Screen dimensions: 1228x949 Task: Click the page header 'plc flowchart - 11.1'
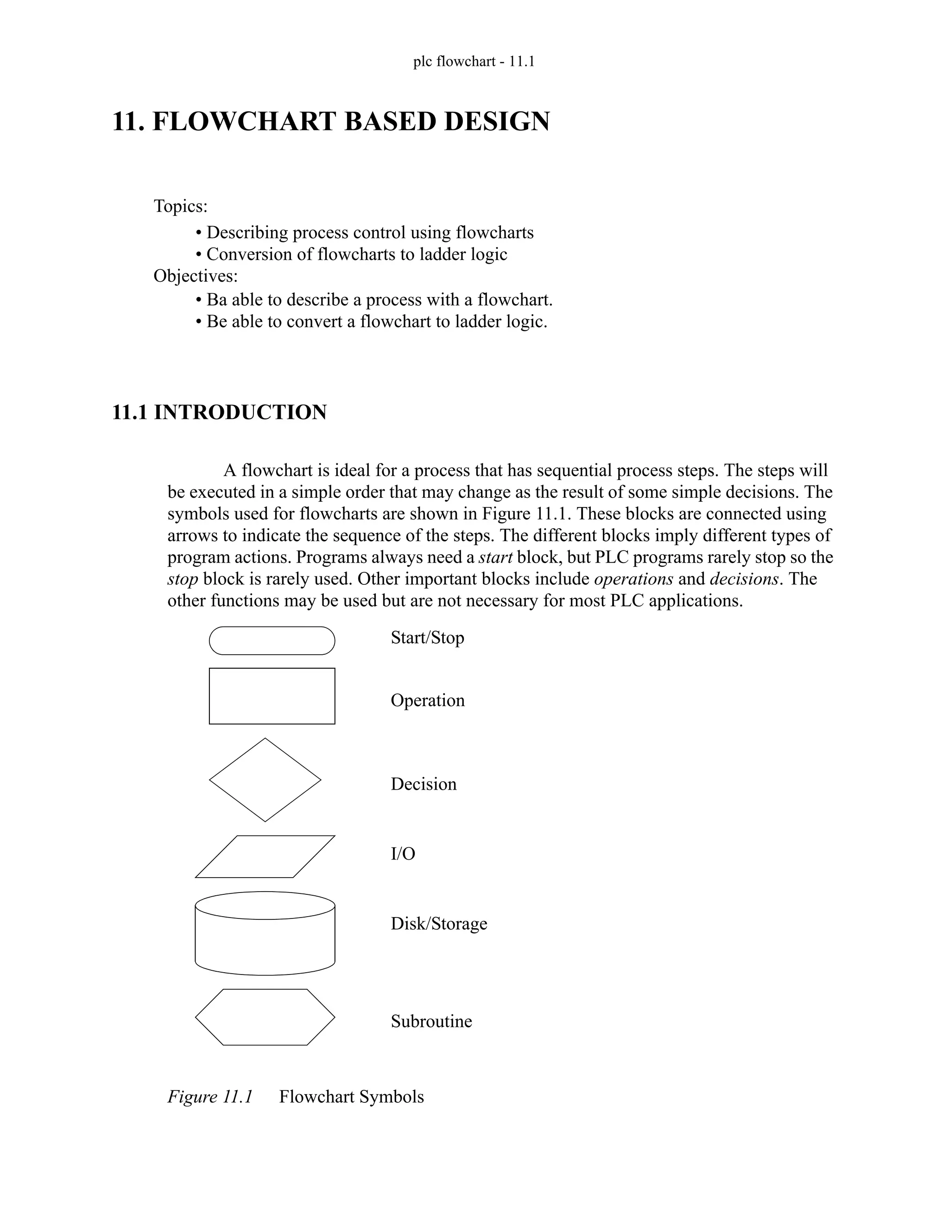click(x=474, y=61)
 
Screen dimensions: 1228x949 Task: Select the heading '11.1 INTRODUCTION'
click(x=219, y=412)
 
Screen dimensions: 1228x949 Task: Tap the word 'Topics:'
click(x=180, y=206)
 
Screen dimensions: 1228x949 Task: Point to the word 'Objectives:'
click(x=196, y=276)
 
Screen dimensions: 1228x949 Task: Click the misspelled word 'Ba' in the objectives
click(x=216, y=300)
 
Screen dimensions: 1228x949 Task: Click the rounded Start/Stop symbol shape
click(x=272, y=640)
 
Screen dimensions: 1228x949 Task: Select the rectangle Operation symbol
click(x=272, y=696)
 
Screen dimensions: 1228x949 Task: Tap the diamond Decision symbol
click(x=265, y=779)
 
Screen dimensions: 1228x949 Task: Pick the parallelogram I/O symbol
click(x=265, y=856)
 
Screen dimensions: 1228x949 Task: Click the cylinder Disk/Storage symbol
click(x=265, y=933)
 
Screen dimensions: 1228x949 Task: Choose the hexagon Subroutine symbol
click(x=265, y=1017)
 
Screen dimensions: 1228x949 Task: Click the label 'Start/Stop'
click(x=427, y=638)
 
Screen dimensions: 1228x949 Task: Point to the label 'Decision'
click(x=424, y=784)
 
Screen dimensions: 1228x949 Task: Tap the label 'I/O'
click(x=403, y=854)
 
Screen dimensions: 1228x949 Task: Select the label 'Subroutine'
click(x=431, y=1021)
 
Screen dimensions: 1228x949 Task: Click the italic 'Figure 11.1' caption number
click(x=210, y=1096)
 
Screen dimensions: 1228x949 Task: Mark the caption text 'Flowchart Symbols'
click(x=351, y=1096)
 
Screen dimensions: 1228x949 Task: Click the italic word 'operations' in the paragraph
click(x=633, y=579)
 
